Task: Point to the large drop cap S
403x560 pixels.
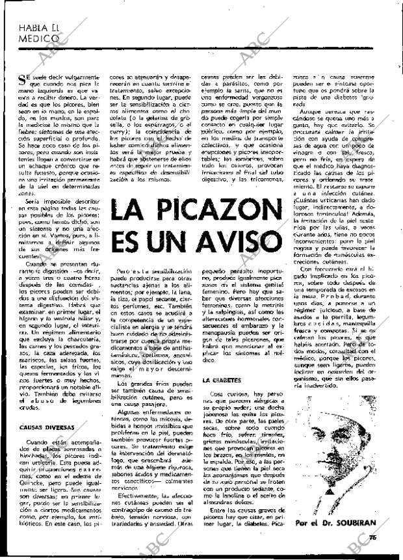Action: (x=24, y=79)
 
